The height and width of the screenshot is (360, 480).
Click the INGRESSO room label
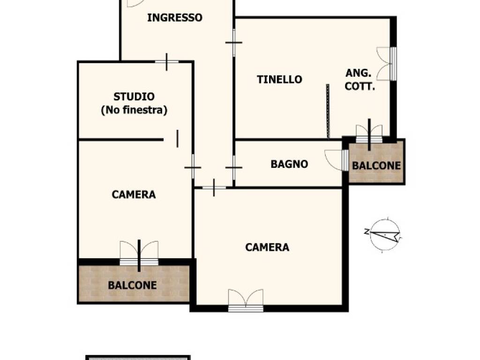(174, 18)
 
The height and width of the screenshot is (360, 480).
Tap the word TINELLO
(279, 80)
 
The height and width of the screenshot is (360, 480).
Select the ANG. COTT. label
(360, 80)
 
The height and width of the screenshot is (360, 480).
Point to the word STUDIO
(134, 97)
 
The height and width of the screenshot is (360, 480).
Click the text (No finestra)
(134, 111)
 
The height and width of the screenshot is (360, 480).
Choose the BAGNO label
(289, 164)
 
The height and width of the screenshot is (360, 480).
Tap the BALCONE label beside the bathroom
(376, 165)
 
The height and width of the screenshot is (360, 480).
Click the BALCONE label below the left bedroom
(132, 285)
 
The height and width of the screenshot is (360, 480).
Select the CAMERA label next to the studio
(134, 195)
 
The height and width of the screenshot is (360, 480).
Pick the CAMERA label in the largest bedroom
(267, 247)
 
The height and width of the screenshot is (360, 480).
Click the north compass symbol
(385, 234)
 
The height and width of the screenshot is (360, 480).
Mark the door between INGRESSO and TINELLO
(233, 43)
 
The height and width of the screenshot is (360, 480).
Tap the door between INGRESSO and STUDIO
(166, 61)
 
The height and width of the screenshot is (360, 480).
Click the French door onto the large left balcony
(139, 254)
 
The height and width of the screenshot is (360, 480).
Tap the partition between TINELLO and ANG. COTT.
(328, 111)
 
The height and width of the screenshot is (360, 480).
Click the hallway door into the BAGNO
(233, 167)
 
